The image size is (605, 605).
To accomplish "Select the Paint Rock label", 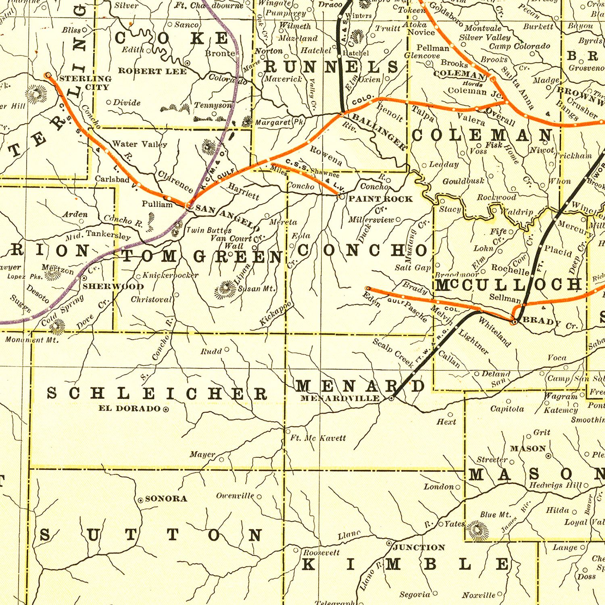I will click(380, 198).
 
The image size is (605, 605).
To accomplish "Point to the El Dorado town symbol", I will click(166, 409).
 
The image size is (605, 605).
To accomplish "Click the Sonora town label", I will click(166, 499).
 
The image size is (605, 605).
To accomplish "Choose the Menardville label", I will click(340, 398).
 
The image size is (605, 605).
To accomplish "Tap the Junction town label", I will click(419, 547).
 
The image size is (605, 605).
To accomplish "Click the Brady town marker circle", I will click(514, 321).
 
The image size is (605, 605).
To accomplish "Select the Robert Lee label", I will click(152, 71).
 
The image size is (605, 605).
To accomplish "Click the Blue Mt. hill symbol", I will click(478, 529).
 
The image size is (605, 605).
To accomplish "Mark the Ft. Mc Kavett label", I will click(318, 438).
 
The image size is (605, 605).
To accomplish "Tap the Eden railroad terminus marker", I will click(368, 288).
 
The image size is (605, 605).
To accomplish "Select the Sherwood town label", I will click(113, 286).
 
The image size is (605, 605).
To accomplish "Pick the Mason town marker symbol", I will click(549, 456).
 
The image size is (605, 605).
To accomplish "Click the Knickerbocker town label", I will click(170, 275).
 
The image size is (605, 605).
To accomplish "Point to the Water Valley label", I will click(139, 144).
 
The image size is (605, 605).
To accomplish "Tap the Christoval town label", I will click(151, 299).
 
